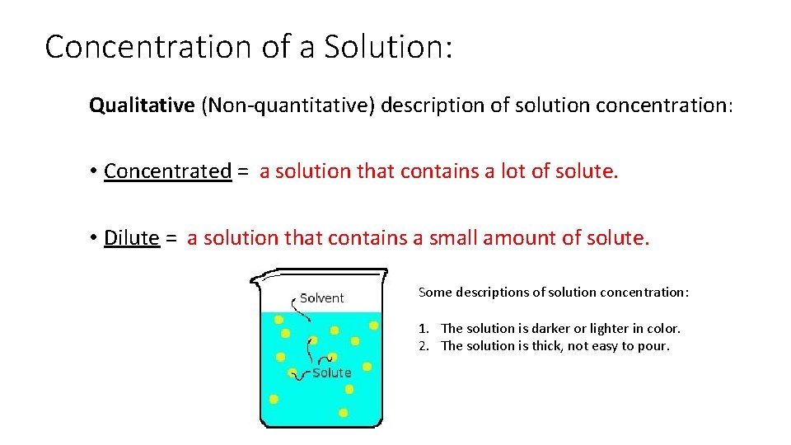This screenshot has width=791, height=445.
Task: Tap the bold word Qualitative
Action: (142, 105)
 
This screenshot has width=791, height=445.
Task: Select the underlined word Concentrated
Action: (167, 171)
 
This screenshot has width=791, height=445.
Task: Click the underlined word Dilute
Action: (131, 238)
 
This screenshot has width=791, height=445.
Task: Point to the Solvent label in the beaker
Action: (321, 298)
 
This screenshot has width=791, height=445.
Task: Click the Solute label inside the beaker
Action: (331, 372)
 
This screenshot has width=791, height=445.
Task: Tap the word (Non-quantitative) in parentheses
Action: (288, 105)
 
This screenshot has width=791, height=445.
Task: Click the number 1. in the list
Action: (424, 328)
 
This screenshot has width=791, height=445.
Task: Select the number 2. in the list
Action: (424, 345)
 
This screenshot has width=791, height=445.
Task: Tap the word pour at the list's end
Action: (655, 346)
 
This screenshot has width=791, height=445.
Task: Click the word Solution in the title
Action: (388, 47)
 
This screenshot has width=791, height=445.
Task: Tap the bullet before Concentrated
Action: (95, 171)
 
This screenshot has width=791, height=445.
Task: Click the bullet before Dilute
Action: (95, 238)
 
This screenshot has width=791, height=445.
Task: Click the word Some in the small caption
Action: (434, 293)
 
